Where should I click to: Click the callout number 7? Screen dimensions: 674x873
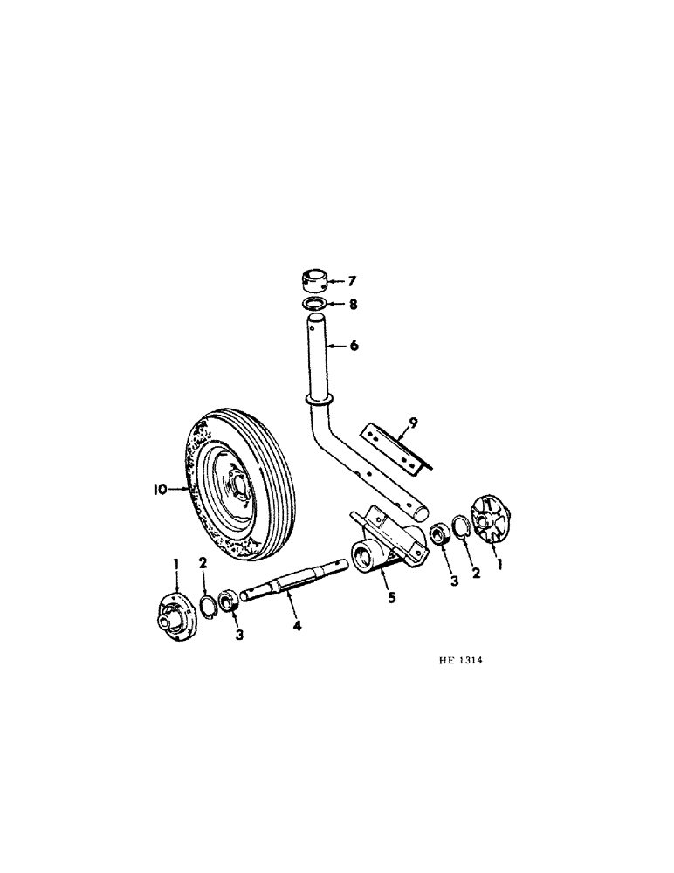352,282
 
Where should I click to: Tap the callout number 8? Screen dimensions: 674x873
352,305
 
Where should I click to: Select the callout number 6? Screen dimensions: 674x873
353,346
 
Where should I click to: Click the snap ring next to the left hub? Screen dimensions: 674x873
208,603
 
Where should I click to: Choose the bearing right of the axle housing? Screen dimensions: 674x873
438,533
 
